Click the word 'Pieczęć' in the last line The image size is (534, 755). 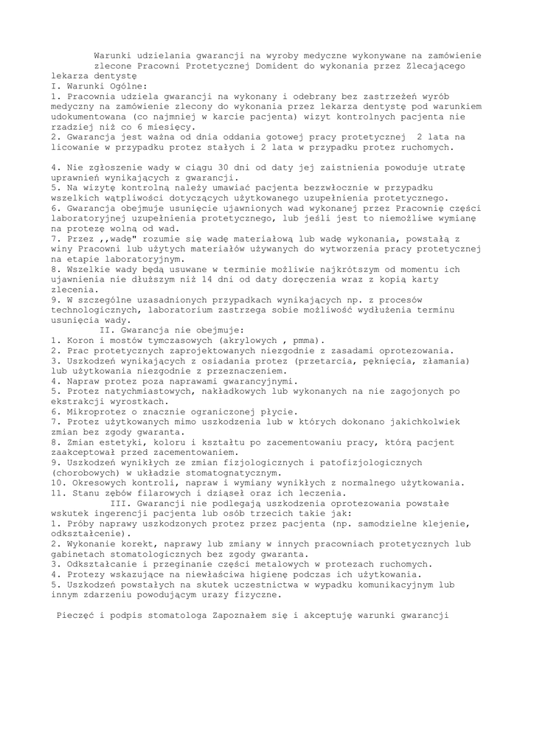click(79, 615)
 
